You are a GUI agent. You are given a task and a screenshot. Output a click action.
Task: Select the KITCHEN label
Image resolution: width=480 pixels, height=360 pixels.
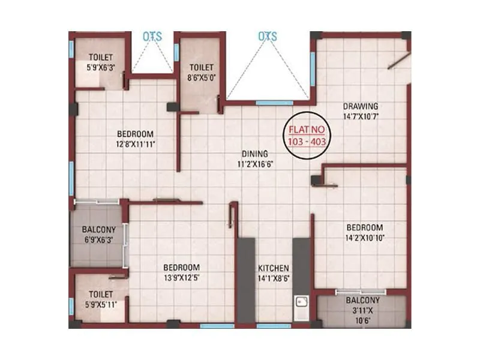pyautogui.click(x=274, y=268)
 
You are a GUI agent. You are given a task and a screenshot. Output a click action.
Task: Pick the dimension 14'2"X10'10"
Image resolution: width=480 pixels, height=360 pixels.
pyautogui.click(x=364, y=238)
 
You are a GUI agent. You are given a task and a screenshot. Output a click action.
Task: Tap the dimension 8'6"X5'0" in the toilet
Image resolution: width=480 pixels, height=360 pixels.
pyautogui.click(x=202, y=77)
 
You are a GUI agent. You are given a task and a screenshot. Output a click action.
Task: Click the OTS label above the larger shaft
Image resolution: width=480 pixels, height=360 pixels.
pyautogui.click(x=268, y=37)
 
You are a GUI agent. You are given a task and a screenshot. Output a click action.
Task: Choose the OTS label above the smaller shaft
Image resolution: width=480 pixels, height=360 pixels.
pyautogui.click(x=152, y=37)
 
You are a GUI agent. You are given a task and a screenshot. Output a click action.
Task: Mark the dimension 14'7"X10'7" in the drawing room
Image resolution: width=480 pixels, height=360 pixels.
pyautogui.click(x=360, y=116)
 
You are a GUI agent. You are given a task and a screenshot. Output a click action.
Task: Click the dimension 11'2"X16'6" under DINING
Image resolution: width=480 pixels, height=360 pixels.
pyautogui.click(x=251, y=163)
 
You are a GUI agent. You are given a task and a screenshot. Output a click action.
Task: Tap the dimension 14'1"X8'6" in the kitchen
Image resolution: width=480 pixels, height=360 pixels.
pyautogui.click(x=274, y=278)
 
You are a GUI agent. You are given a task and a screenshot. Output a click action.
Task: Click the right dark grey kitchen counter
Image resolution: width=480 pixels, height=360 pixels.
pyautogui.click(x=301, y=264)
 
